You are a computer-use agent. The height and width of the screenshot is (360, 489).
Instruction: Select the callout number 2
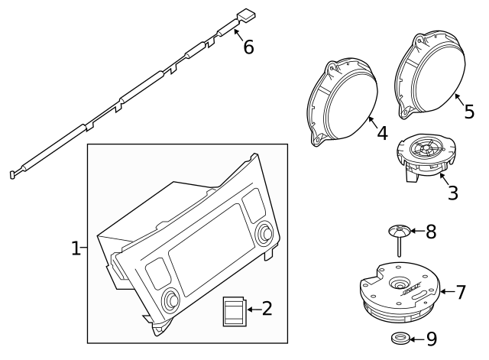click(x=267, y=309)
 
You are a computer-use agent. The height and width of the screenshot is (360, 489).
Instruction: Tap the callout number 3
click(x=452, y=193)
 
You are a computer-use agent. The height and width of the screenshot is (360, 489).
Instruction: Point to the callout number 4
click(x=382, y=133)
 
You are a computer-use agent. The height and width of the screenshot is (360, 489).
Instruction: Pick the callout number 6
click(x=248, y=47)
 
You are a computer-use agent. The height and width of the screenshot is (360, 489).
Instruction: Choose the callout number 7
click(x=460, y=292)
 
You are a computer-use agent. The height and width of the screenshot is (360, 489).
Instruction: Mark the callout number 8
click(x=430, y=232)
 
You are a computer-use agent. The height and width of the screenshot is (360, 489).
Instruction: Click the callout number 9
click(x=431, y=338)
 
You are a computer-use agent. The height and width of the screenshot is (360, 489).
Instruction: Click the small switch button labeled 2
click(x=232, y=311)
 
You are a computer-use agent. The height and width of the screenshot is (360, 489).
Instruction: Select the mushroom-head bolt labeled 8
click(x=397, y=237)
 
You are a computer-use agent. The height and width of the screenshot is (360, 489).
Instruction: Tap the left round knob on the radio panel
click(x=168, y=299)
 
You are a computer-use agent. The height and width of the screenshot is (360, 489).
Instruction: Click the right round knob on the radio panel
click(x=266, y=232)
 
